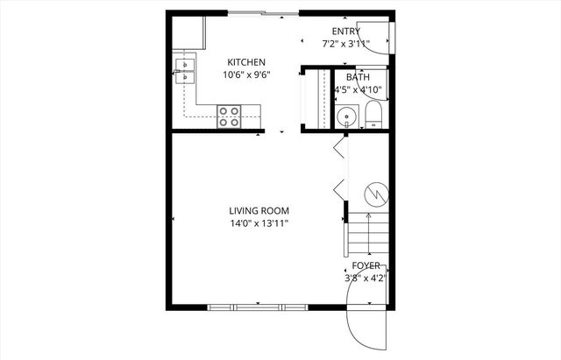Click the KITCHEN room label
tap(247, 62)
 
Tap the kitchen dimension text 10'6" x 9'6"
tap(247, 75)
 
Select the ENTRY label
tap(345, 32)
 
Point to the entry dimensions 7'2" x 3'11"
tap(345, 43)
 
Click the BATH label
tap(358, 77)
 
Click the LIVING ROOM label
tap(259, 211)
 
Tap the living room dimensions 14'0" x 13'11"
tap(259, 224)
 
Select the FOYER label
tap(366, 265)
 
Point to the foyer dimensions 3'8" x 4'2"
tap(366, 278)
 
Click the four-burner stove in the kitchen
tap(229, 116)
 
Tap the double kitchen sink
tap(187, 70)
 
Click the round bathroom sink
tap(346, 116)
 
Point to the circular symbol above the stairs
tap(374, 191)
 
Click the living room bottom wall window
tap(259, 307)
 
